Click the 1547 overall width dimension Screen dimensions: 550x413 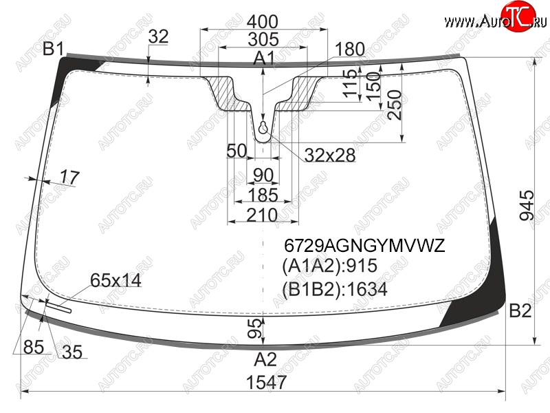point(267,383)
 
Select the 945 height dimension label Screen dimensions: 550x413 point(527,205)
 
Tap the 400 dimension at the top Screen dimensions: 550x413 point(263,22)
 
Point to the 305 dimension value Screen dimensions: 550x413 point(263,39)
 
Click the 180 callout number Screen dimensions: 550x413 point(350,49)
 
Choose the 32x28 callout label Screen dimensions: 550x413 point(330,156)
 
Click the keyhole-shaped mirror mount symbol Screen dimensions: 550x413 point(263,127)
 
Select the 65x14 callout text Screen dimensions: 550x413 point(115,280)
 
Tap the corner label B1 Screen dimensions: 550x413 point(53,49)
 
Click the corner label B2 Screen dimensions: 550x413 point(520,310)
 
